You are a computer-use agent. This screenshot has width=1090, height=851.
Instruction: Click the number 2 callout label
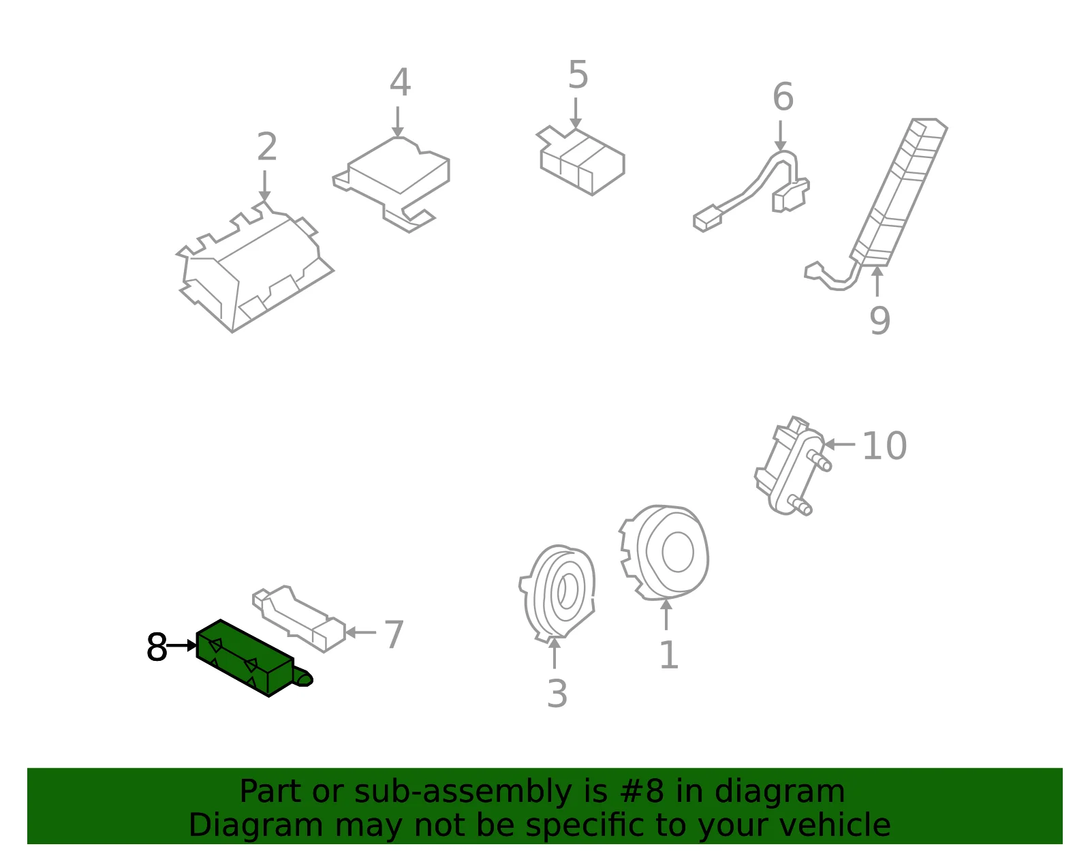pos(267,146)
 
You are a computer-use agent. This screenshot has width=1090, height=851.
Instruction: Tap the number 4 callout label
pos(401,82)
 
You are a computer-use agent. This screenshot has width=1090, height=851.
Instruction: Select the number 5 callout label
pos(578,75)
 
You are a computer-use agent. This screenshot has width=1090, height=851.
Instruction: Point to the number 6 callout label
pos(783,96)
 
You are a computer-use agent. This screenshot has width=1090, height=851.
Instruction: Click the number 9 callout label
pos(879,320)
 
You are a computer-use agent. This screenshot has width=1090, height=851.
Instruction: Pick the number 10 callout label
pos(884,446)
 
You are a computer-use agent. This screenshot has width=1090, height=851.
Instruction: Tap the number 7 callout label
pos(394,634)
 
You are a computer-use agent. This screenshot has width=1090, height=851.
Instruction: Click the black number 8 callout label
pos(157,647)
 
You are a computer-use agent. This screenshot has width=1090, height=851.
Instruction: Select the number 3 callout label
pos(557,694)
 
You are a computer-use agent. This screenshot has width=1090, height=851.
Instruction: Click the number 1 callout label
pos(669,655)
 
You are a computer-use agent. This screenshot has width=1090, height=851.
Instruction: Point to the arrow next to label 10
pos(840,444)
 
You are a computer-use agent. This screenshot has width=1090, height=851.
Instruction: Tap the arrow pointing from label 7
pos(360,632)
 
